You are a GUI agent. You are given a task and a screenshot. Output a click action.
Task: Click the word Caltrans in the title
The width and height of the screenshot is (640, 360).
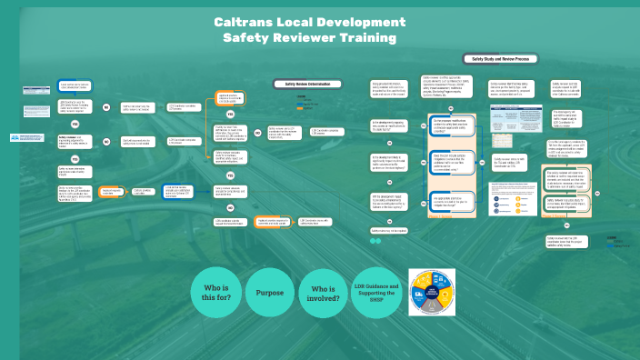click(247, 21)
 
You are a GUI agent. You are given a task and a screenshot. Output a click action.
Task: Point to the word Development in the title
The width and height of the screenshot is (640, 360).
click(356, 21)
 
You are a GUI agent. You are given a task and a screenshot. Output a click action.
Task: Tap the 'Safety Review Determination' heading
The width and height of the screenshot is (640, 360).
click(309, 84)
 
